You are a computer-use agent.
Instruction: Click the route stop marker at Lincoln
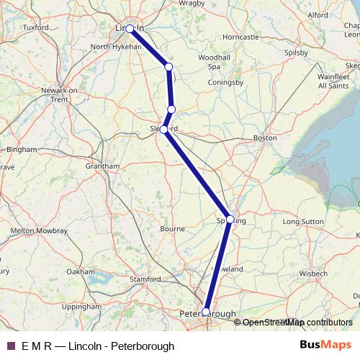(x=130, y=29)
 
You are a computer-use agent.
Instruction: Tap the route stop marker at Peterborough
(x=206, y=312)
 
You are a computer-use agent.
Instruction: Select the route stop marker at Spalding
(x=230, y=220)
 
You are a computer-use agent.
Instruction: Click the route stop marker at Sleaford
(x=164, y=130)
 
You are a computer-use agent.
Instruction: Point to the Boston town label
(x=265, y=137)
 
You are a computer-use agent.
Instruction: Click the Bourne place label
(x=172, y=229)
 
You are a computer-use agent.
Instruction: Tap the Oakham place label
(x=80, y=271)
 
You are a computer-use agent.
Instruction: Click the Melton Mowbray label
(x=39, y=230)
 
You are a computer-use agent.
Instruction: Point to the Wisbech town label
(x=314, y=274)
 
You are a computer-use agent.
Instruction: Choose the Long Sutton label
(x=303, y=222)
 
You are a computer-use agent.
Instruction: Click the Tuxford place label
(x=35, y=27)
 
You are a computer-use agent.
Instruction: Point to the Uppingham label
(x=81, y=307)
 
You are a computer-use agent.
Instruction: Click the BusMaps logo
(x=320, y=346)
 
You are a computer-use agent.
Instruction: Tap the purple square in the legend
(x=11, y=346)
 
